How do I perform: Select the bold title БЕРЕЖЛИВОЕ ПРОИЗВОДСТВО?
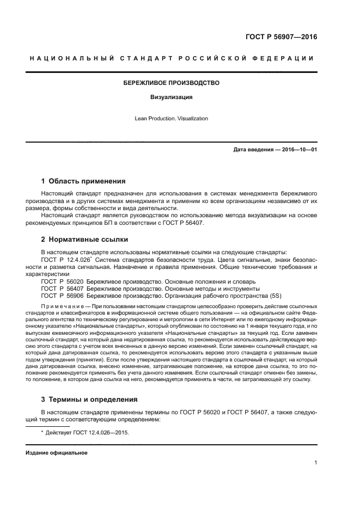click(x=172, y=83)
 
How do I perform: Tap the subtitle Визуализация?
click(x=172, y=98)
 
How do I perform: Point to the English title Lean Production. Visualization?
click(x=172, y=118)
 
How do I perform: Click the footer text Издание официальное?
click(x=57, y=453)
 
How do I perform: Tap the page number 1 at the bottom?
click(x=316, y=463)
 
